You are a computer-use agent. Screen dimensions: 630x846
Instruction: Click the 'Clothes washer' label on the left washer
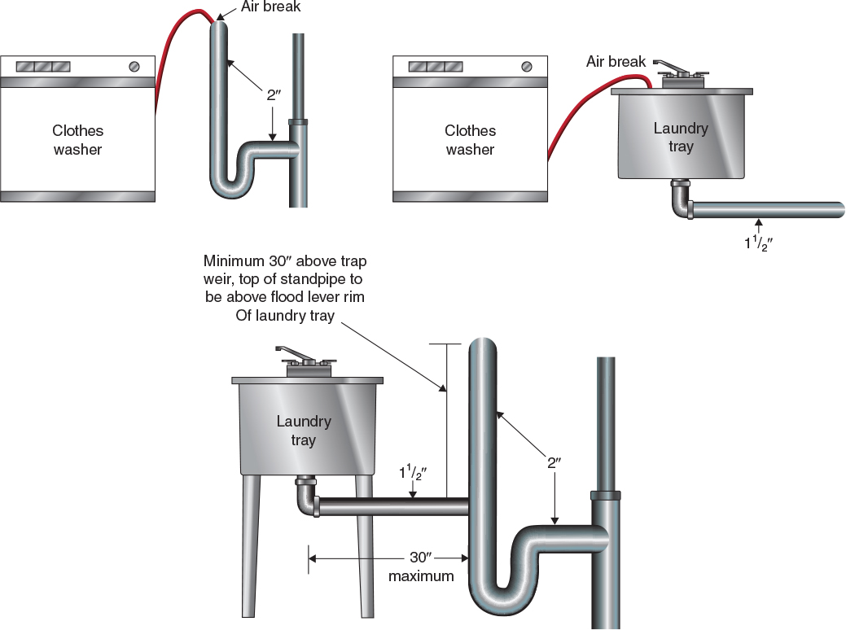(x=78, y=140)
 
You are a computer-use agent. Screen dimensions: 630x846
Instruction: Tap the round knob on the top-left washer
(x=134, y=66)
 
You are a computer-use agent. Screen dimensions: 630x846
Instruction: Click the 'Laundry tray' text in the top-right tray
(x=681, y=138)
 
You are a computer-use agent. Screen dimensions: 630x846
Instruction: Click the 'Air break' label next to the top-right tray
(x=616, y=62)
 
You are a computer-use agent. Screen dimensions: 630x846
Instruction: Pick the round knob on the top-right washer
(x=527, y=66)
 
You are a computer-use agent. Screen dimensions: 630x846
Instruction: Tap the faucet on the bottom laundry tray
(x=303, y=358)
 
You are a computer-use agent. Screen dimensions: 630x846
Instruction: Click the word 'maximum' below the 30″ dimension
(x=421, y=577)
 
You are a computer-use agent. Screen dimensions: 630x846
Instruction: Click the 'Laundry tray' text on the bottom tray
(x=303, y=431)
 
